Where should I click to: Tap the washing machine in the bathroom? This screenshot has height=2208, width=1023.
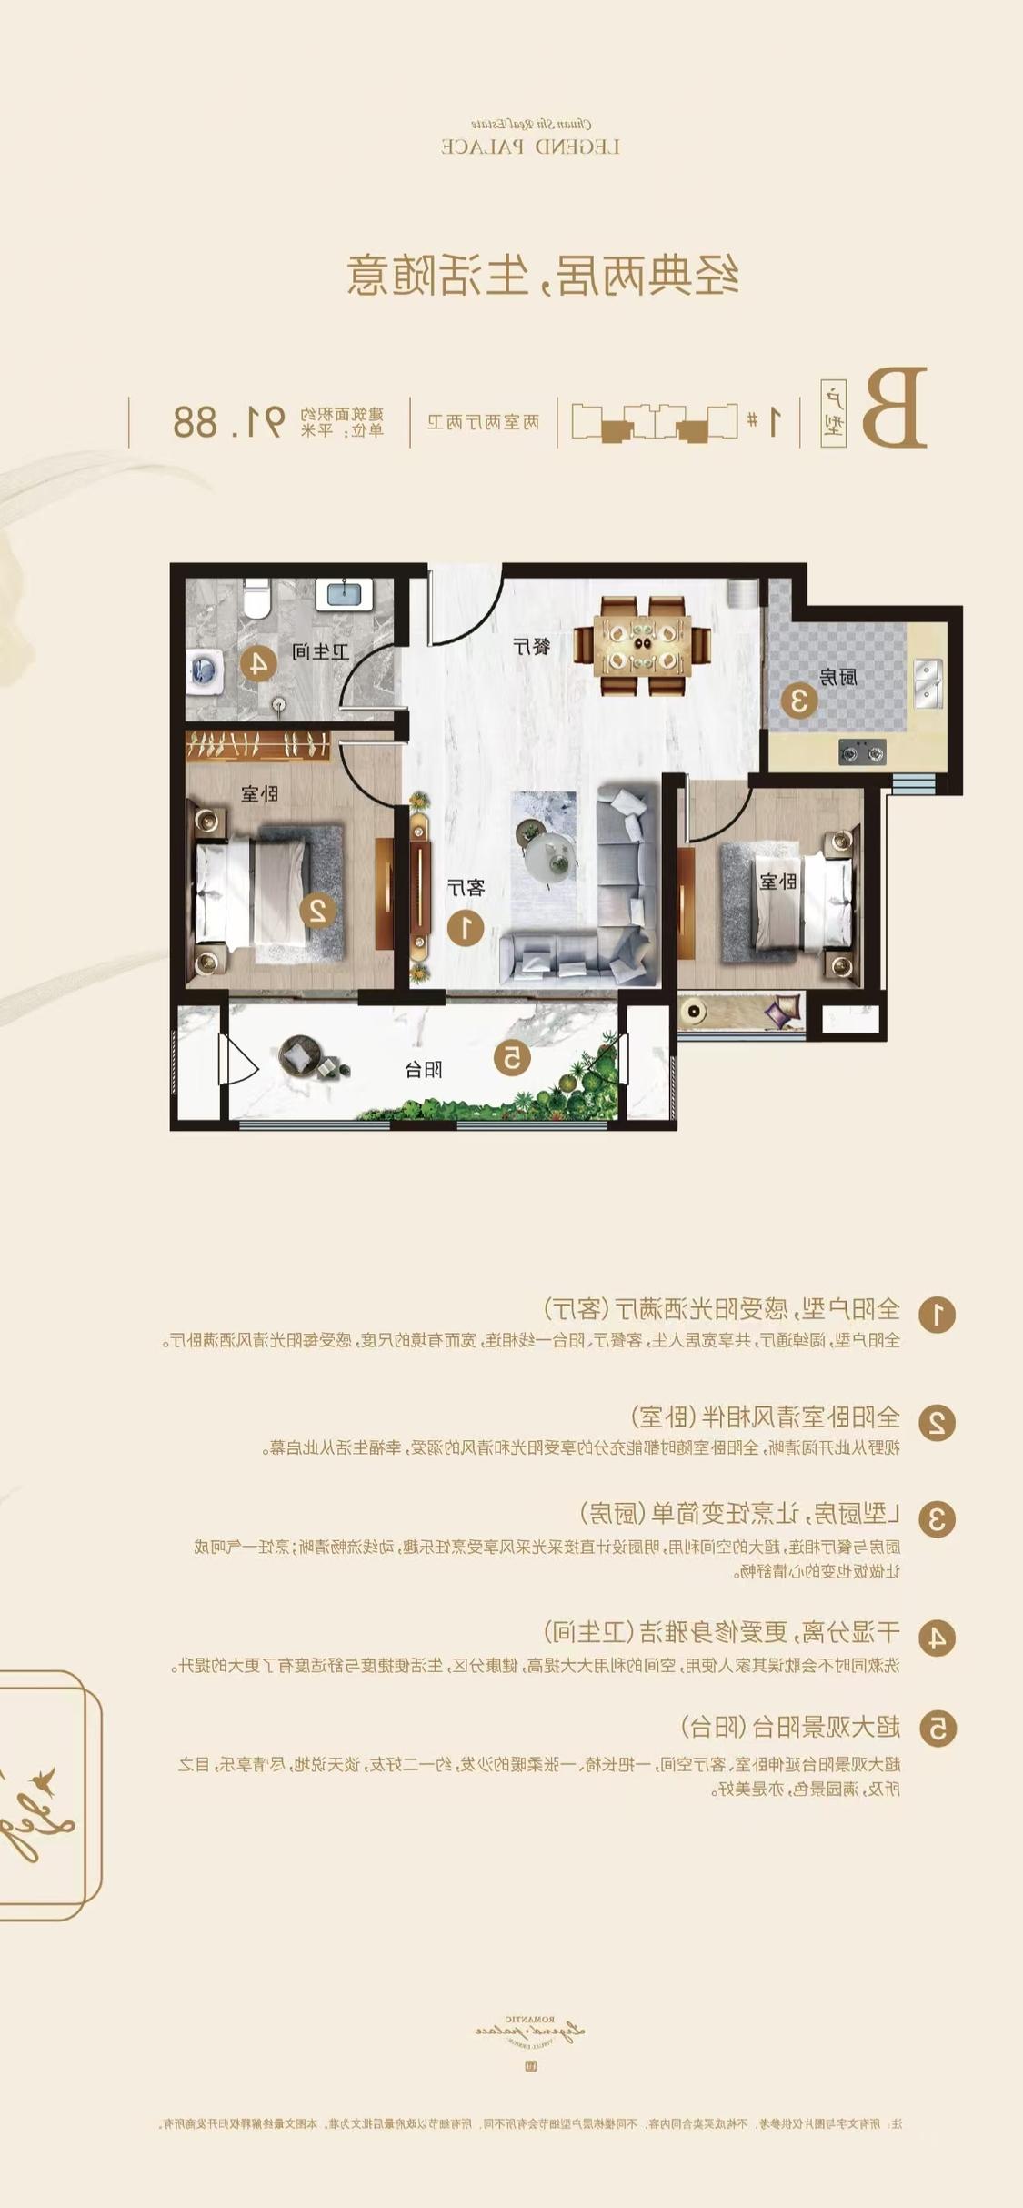(205, 671)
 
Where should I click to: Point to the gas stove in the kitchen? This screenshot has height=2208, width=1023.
(861, 752)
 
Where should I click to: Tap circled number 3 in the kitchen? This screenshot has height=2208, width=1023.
(799, 701)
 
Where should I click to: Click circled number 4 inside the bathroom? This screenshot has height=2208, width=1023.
(258, 663)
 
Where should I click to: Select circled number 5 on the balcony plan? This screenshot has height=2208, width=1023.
(512, 1057)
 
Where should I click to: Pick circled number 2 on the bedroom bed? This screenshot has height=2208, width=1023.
(318, 909)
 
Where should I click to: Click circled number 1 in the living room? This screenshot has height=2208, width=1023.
(466, 928)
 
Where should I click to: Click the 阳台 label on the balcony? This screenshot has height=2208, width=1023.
(424, 1069)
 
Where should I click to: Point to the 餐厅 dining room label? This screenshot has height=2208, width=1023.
(532, 647)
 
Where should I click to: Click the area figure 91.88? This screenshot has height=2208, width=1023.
(229, 421)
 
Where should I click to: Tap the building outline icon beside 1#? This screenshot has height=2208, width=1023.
(654, 422)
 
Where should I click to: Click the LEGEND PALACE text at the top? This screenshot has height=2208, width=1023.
(531, 146)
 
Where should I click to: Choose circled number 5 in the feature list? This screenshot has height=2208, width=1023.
(937, 1728)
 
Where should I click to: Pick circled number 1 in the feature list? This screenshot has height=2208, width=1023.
(937, 1314)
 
